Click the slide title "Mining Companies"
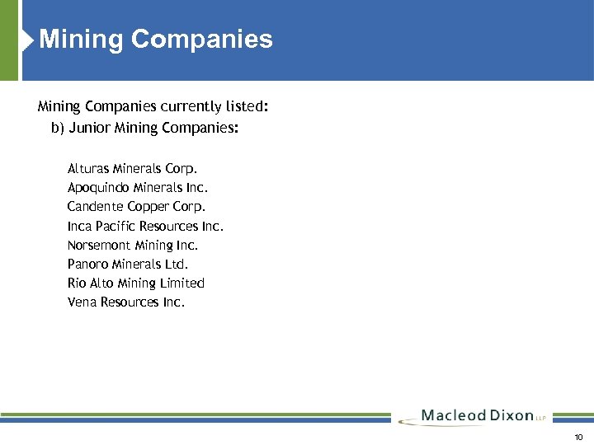point(156,39)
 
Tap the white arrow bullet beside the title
point(29,39)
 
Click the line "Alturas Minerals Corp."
point(133,168)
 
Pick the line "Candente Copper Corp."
point(137,206)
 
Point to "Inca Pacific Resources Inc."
point(145,226)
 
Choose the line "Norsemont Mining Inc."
point(133,245)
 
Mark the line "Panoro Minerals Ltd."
point(128,264)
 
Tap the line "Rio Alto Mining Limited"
point(136,283)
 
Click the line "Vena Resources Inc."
point(126,302)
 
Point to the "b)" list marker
point(58,128)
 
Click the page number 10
point(578,437)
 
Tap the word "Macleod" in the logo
point(452,415)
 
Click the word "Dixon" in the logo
point(511,415)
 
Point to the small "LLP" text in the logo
point(541,418)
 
